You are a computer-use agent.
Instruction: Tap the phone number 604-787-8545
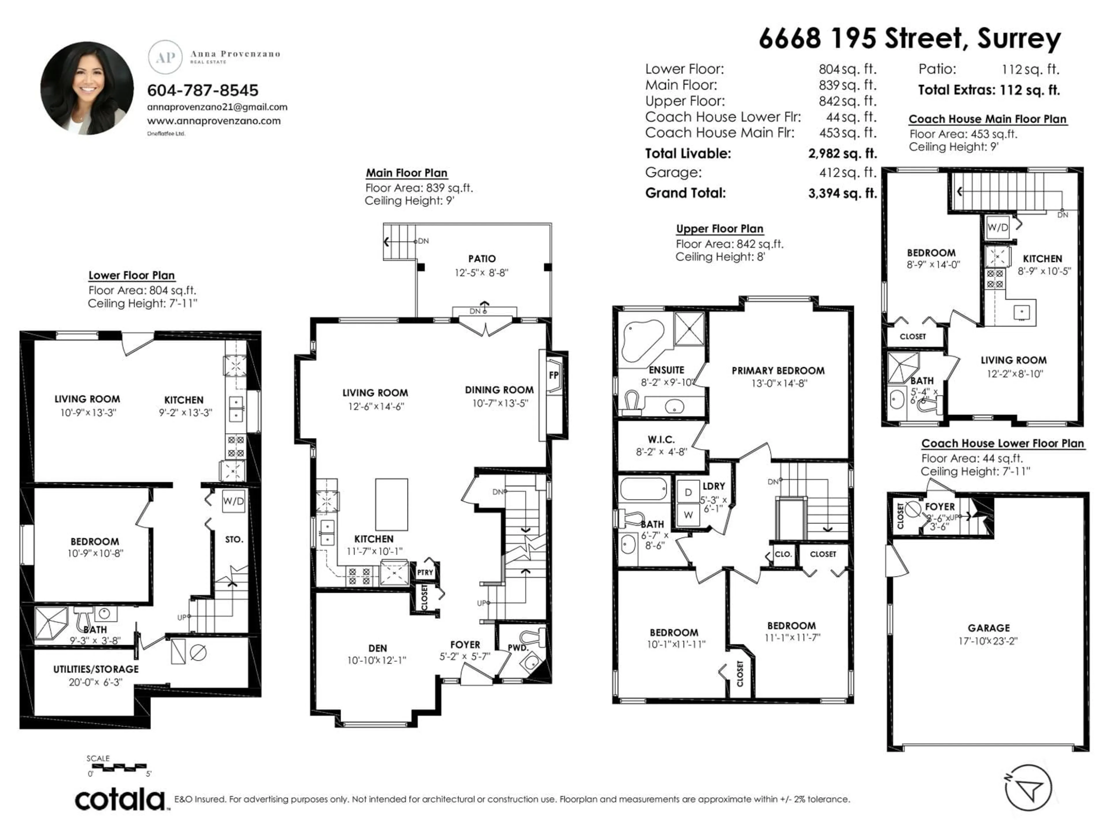203,90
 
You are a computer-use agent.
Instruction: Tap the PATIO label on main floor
482,259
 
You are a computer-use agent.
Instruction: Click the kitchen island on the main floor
391,504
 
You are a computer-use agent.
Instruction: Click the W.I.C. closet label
661,440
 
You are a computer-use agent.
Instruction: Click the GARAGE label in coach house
989,628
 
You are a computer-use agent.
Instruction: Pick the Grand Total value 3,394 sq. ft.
843,193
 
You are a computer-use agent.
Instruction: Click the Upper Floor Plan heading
719,229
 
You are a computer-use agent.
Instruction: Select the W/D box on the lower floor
233,501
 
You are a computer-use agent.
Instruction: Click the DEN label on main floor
377,649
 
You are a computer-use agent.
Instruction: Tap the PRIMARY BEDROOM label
778,371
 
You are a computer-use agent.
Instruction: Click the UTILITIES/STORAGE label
96,669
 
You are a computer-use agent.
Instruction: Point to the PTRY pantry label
425,572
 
